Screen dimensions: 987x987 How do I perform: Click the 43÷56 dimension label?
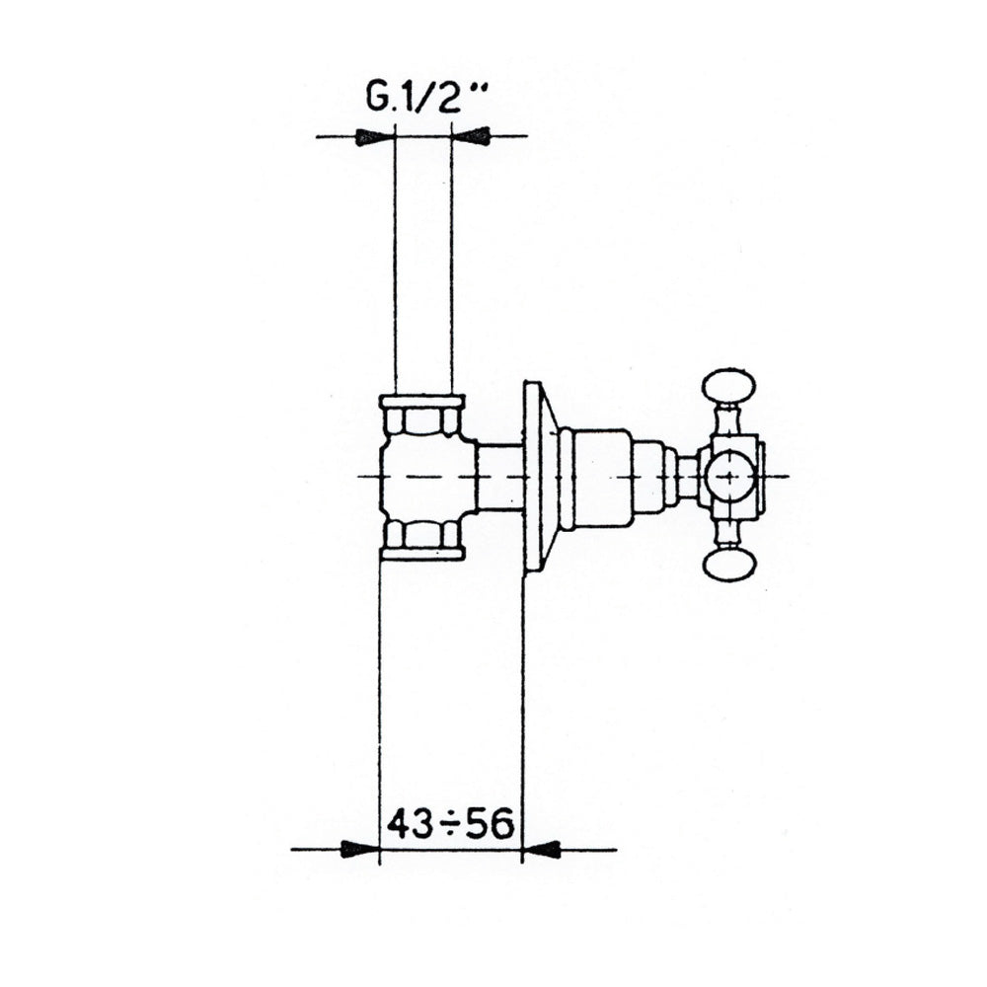tap(451, 824)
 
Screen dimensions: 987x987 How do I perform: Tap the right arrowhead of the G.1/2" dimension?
tap(471, 136)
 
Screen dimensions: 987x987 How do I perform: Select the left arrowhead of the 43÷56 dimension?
tap(360, 849)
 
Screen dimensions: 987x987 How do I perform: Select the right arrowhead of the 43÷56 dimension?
tap(542, 849)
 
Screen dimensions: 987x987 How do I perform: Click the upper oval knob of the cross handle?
tap(729, 388)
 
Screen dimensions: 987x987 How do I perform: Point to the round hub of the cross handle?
tap(729, 476)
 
